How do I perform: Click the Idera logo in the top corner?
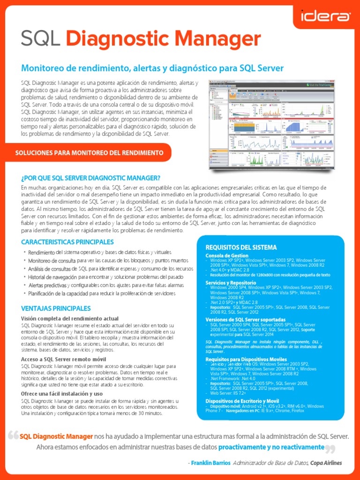tap(325, 17)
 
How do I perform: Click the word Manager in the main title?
tap(214, 39)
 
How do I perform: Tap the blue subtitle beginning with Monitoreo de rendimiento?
tap(152, 68)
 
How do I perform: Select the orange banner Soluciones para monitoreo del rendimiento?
tap(90, 153)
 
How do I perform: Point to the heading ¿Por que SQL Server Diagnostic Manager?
tap(91, 178)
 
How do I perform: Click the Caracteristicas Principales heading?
tap(67, 242)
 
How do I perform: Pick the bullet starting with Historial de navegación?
tap(105, 277)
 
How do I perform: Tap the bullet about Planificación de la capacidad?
tap(102, 293)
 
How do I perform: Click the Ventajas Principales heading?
tap(56, 308)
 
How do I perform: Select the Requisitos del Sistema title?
tap(241, 247)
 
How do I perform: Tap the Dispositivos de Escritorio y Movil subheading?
tap(248, 401)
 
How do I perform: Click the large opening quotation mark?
tap(13, 436)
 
